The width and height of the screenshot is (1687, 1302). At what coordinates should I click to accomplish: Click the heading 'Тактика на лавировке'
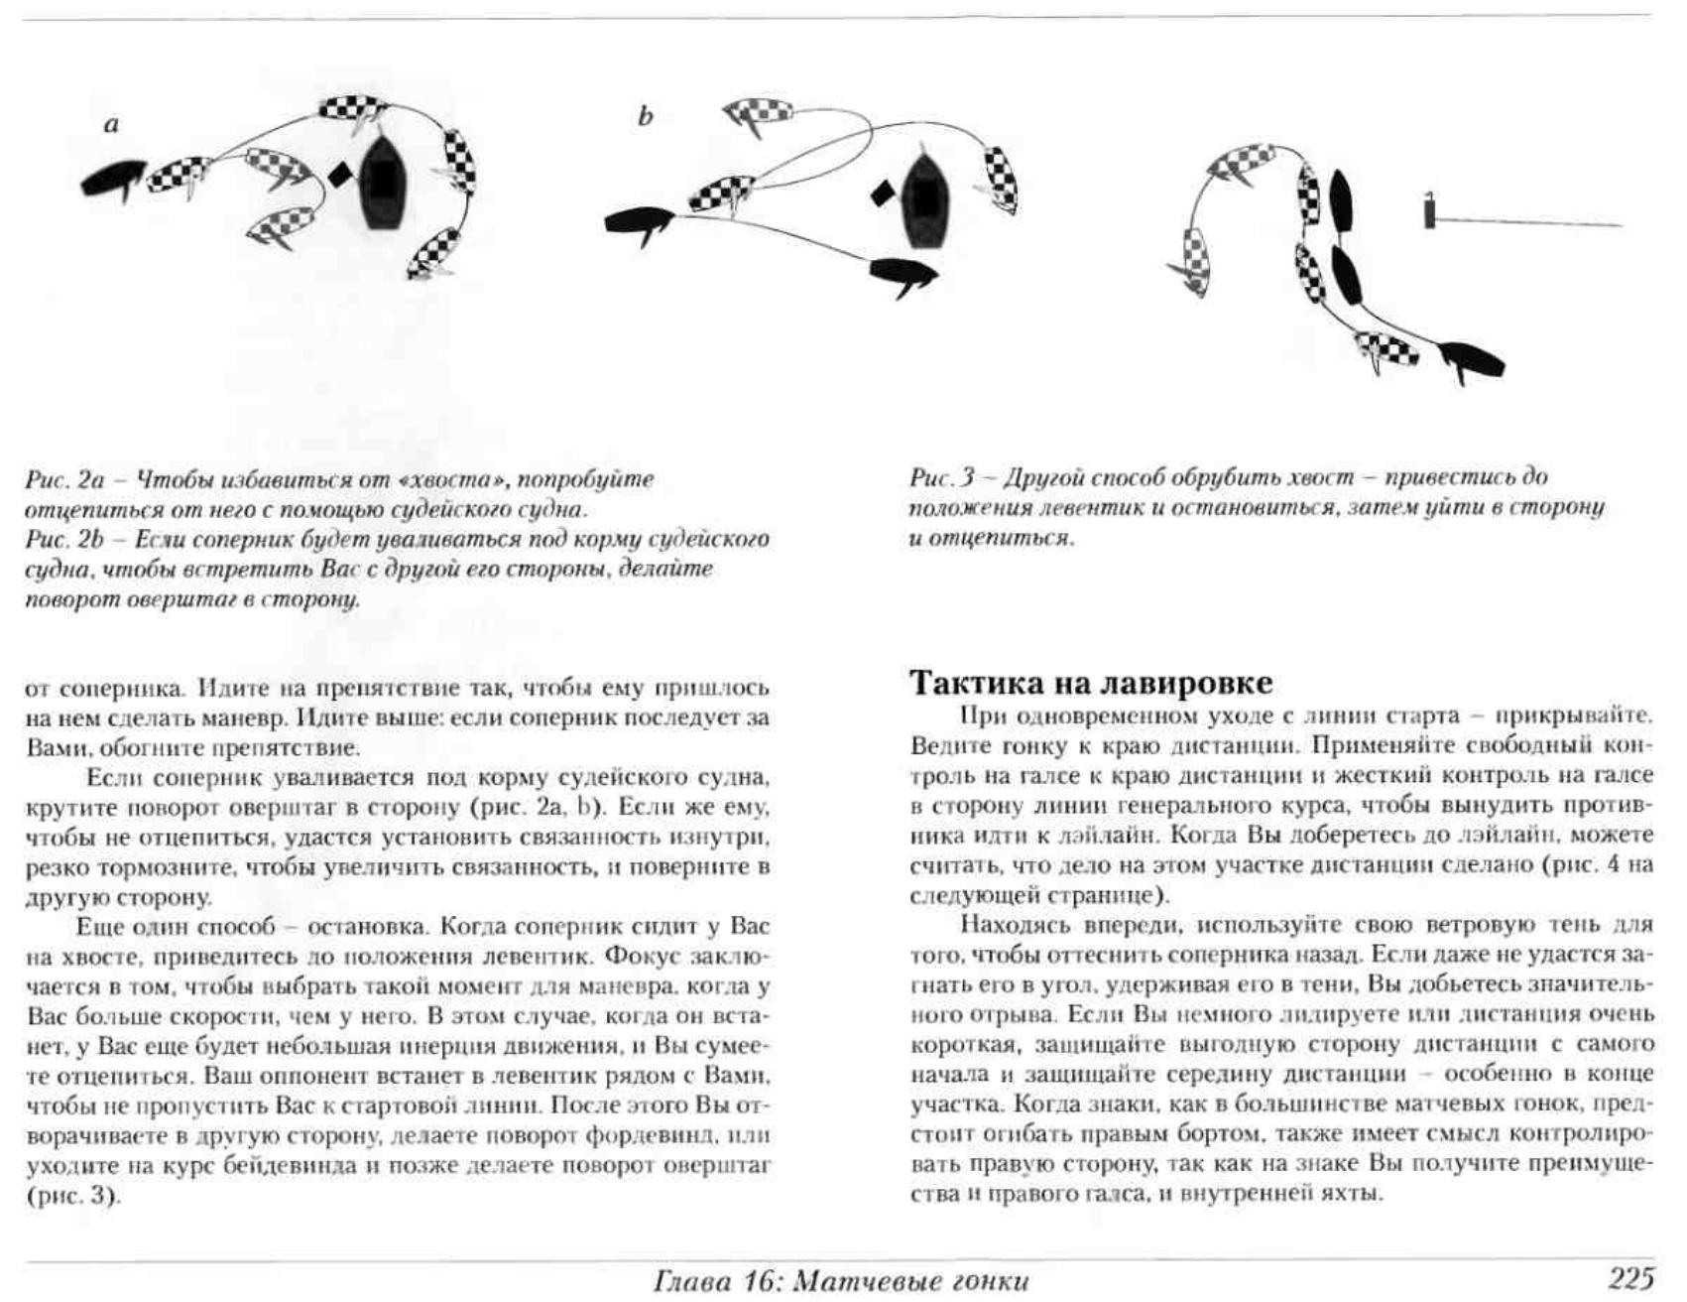point(1091,683)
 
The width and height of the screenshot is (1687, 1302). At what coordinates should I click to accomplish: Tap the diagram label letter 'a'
point(111,125)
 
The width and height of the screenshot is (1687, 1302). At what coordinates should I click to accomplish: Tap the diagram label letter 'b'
point(645,117)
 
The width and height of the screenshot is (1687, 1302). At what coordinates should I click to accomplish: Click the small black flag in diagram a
point(339,176)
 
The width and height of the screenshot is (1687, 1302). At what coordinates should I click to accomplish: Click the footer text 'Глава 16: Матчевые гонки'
point(841,1280)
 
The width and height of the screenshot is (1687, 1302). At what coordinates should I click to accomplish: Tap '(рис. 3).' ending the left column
point(73,1196)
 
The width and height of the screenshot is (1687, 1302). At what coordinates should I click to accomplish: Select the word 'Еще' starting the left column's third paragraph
point(100,927)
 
